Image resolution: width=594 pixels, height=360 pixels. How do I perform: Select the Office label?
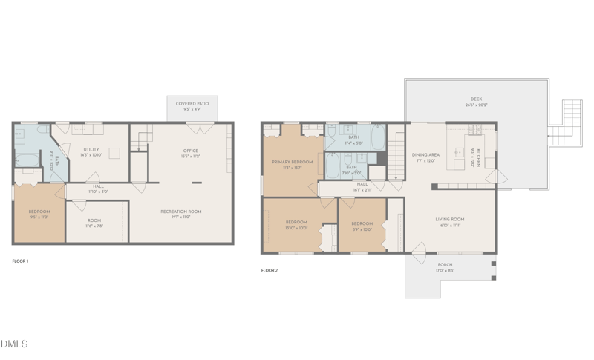191,151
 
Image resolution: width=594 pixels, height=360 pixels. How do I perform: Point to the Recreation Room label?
181,212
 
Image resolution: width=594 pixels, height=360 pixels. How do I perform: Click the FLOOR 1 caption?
21,261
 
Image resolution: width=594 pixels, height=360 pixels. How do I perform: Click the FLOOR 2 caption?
270,270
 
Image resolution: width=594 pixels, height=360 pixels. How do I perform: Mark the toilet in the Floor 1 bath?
19,137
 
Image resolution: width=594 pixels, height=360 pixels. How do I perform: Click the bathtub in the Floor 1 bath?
27,159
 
